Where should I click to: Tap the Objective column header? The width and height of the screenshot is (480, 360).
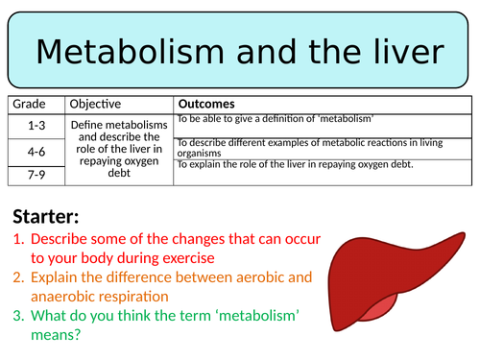pos(94,104)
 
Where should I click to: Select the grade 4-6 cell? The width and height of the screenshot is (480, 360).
pos(36,150)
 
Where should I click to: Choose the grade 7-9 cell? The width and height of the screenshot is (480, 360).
pos(36,174)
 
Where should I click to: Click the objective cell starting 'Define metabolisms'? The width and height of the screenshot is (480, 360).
pos(120,148)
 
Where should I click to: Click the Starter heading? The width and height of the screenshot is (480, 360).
pos(47,216)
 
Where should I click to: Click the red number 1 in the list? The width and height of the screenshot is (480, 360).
pos(16,240)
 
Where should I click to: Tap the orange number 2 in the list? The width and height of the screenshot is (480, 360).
pos(16,278)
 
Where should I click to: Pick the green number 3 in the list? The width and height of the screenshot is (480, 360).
pos(16,316)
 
